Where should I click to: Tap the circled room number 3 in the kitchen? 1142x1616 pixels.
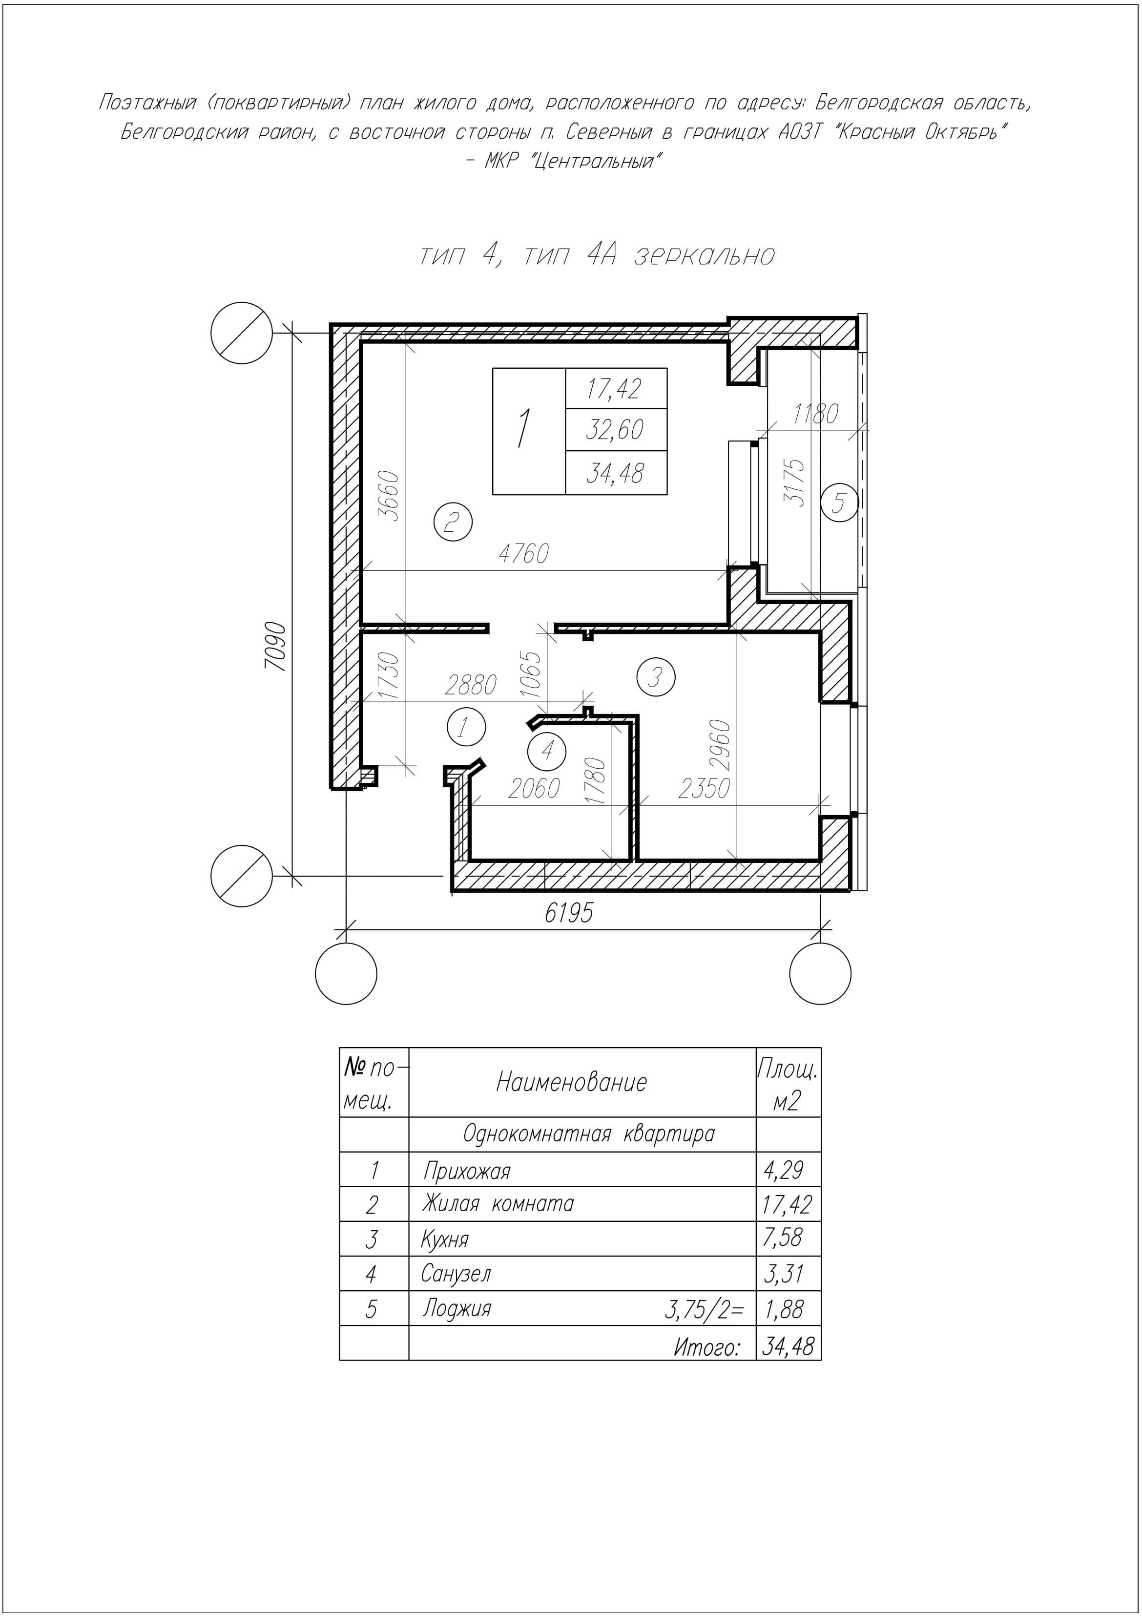pyautogui.click(x=655, y=677)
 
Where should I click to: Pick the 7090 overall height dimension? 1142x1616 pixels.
pyautogui.click(x=276, y=646)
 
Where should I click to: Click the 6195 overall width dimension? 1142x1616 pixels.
pyautogui.click(x=568, y=912)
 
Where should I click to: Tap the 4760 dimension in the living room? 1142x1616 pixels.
pyautogui.click(x=523, y=554)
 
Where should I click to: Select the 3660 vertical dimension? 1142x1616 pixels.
pyautogui.click(x=389, y=496)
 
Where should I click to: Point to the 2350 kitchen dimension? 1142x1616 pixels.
pyautogui.click(x=704, y=788)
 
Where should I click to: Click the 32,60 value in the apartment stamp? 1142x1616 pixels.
pyautogui.click(x=615, y=429)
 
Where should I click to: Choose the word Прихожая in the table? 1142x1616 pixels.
pyautogui.click(x=466, y=1171)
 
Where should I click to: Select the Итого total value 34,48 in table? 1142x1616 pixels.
pyautogui.click(x=788, y=1346)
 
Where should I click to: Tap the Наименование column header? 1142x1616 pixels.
pyautogui.click(x=571, y=1082)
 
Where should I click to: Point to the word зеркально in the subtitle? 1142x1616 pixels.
pyautogui.click(x=705, y=255)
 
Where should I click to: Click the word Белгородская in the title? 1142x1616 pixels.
pyautogui.click(x=878, y=104)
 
